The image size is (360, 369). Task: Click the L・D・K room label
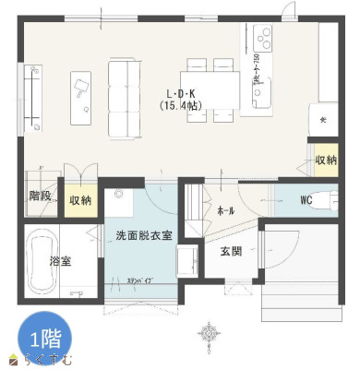[180, 94]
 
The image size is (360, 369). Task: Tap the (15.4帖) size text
[180, 107]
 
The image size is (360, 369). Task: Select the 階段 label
[41, 195]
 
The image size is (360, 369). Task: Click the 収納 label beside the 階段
[80, 200]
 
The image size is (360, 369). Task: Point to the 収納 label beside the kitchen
[326, 160]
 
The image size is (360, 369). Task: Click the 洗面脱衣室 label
[144, 235]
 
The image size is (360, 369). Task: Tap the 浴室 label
[61, 261]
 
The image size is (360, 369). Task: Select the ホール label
[225, 210]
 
